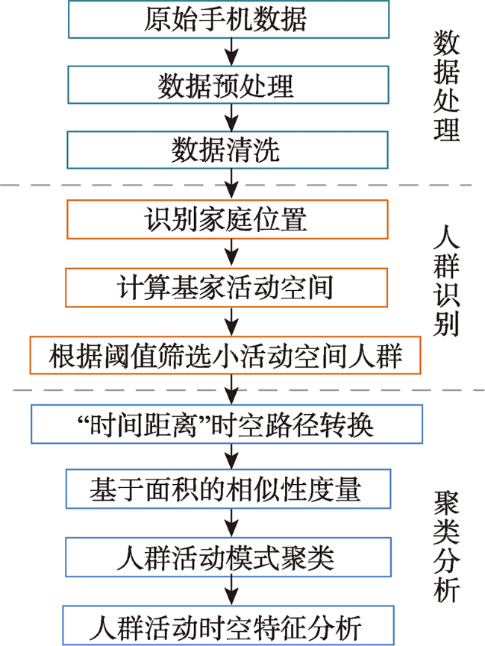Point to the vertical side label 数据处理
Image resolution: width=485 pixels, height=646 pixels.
coord(446,86)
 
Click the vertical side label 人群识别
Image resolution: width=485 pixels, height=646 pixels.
coord(446,281)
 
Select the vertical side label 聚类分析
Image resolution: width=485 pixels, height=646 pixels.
coord(447,547)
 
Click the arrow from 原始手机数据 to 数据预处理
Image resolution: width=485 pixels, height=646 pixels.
coord(231,52)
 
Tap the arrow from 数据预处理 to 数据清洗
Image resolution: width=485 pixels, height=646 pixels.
coord(231,117)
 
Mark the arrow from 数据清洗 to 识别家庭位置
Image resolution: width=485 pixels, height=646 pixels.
coord(231,184)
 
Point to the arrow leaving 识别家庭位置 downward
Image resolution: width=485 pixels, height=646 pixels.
coord(231,254)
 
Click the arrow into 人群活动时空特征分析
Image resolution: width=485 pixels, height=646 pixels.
coord(231,592)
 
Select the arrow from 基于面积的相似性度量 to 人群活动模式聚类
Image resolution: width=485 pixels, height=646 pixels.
coord(231,523)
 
